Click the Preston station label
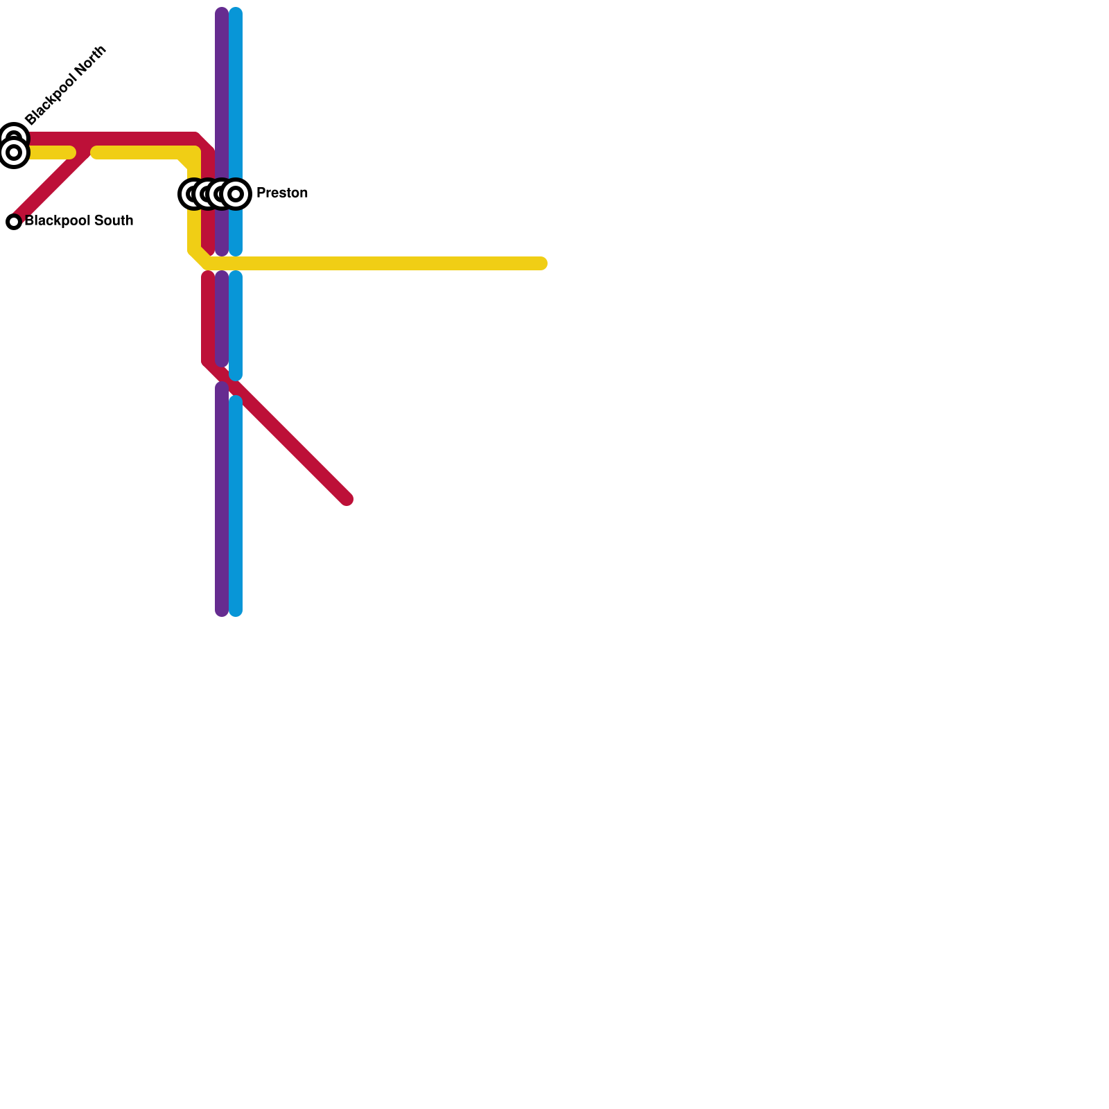(x=281, y=193)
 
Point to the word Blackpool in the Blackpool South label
(x=58, y=220)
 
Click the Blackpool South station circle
(x=14, y=222)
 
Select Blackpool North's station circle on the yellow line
(x=14, y=152)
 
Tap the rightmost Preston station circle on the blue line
(x=236, y=194)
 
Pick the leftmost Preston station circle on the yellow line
(x=192, y=194)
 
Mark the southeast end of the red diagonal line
(x=347, y=499)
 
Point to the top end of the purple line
(x=222, y=12)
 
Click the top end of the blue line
(x=236, y=12)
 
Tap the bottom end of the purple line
(x=222, y=610)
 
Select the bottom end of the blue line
(x=236, y=610)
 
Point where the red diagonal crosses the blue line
(x=236, y=388)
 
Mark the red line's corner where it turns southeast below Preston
(x=208, y=362)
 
